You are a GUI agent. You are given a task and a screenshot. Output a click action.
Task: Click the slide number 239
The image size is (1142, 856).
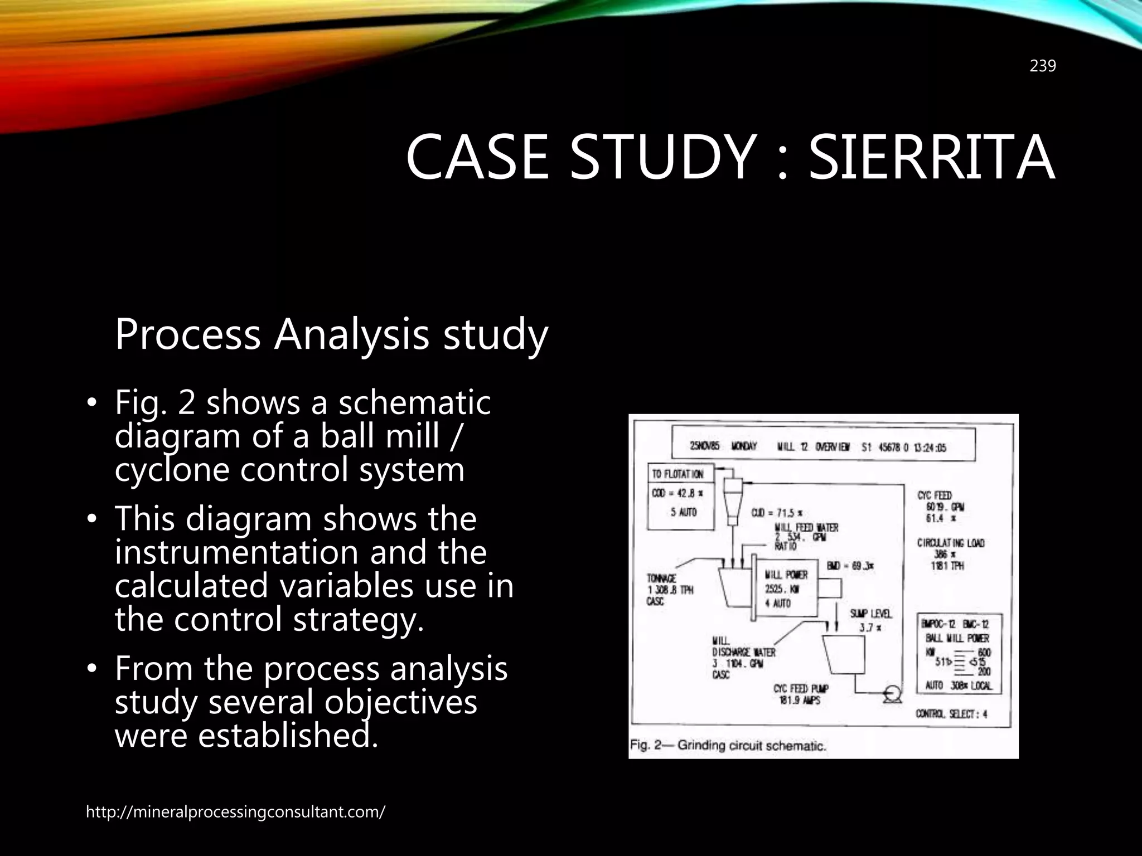(1042, 66)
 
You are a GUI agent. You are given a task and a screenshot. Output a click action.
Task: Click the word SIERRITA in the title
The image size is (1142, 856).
(931, 157)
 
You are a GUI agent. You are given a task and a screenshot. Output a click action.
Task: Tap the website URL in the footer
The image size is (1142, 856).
(235, 812)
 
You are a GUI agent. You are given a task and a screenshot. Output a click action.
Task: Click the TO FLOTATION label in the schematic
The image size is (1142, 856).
(678, 474)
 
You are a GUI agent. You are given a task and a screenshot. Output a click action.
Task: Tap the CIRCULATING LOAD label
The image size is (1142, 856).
(951, 543)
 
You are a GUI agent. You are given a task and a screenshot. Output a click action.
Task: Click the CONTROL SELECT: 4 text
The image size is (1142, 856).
(951, 714)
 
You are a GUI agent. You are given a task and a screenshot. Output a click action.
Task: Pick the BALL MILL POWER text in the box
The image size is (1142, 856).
(957, 639)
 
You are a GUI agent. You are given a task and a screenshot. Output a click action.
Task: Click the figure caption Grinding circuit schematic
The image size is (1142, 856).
(728, 745)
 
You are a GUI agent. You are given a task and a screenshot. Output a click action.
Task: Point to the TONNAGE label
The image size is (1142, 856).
(662, 579)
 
